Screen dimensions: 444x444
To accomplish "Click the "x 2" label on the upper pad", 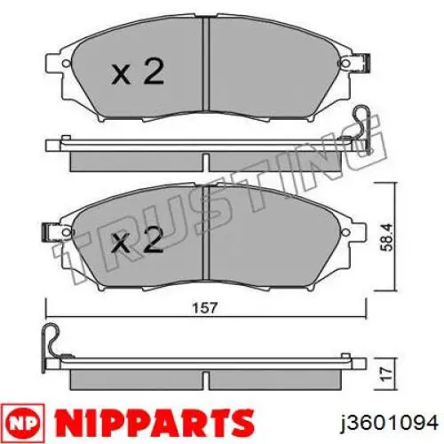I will (138, 72).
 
